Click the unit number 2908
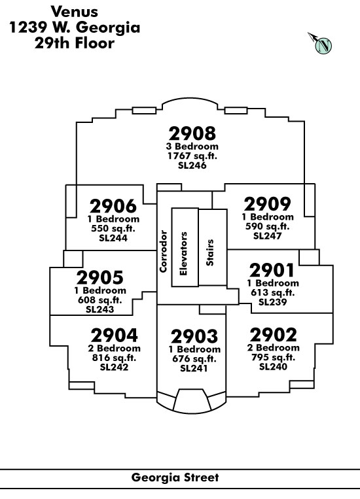192,133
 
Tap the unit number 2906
113,206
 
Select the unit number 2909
267,204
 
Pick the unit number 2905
99,277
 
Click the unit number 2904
114,335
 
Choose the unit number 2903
194,336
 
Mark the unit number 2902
273,335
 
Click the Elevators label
183,254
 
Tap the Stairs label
209,252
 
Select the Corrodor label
163,251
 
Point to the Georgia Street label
175,477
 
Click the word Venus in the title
74,12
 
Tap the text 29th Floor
75,43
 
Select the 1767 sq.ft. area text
192,156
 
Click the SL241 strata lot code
194,368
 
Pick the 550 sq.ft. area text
113,228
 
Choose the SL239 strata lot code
273,302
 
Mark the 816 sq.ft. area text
114,358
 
